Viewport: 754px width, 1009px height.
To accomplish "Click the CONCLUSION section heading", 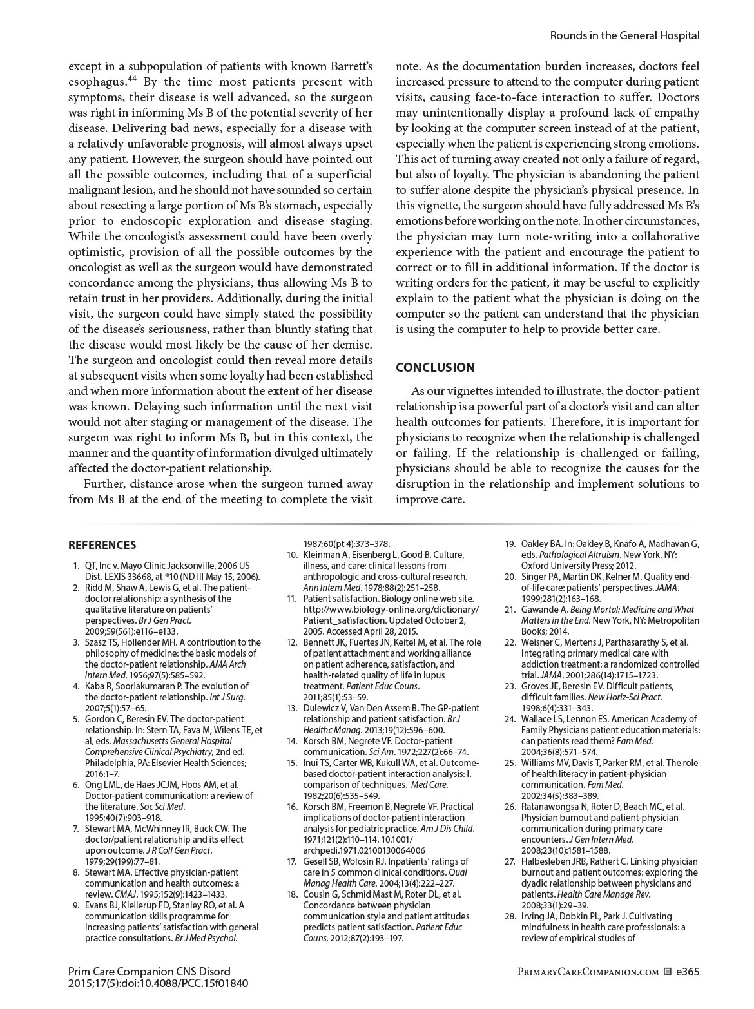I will (x=435, y=367).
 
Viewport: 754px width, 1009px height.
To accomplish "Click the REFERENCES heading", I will (x=102, y=545).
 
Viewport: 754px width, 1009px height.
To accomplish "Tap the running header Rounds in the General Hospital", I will (x=624, y=35).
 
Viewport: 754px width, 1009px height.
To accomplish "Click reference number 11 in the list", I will (x=291, y=599).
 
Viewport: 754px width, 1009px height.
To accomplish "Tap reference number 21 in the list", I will (x=510, y=610).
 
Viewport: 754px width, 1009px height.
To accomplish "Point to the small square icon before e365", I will (x=668, y=972).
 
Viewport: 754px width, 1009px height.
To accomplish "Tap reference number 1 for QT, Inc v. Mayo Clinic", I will (x=77, y=566).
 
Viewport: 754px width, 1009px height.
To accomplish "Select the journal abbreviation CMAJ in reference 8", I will (x=126, y=894).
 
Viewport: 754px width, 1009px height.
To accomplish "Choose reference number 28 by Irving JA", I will (x=510, y=916).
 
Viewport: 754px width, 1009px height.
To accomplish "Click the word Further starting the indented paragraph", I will (x=103, y=484).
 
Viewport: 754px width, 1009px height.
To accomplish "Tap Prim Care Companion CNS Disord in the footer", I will (x=149, y=972).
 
